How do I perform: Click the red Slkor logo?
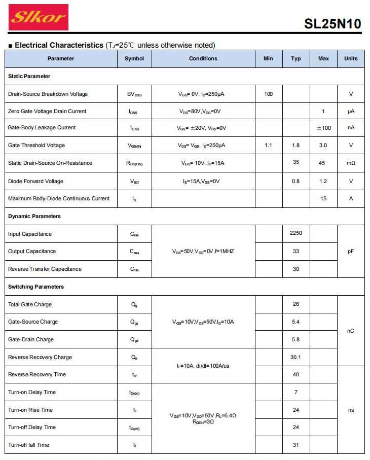coord(39,18)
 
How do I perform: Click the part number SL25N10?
coord(332,24)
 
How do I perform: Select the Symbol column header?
coord(134,59)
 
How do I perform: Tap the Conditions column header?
coord(203,59)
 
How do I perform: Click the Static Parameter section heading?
coord(29,77)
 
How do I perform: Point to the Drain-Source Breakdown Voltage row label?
coord(48,94)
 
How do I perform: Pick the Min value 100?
coord(269,94)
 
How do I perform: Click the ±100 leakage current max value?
coord(323,128)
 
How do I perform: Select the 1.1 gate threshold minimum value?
coord(269,146)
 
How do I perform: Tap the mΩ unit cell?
coord(351,163)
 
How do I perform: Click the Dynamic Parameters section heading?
coord(34,217)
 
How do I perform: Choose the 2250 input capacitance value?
coord(296,233)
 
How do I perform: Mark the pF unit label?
coord(351,252)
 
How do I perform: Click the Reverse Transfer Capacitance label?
coord(45,269)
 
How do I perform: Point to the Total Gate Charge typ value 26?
coord(296,304)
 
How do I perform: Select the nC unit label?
coord(351,331)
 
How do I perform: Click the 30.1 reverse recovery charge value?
coord(296,358)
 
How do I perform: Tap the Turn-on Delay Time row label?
coord(32,393)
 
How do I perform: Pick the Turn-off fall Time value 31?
coord(296,445)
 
